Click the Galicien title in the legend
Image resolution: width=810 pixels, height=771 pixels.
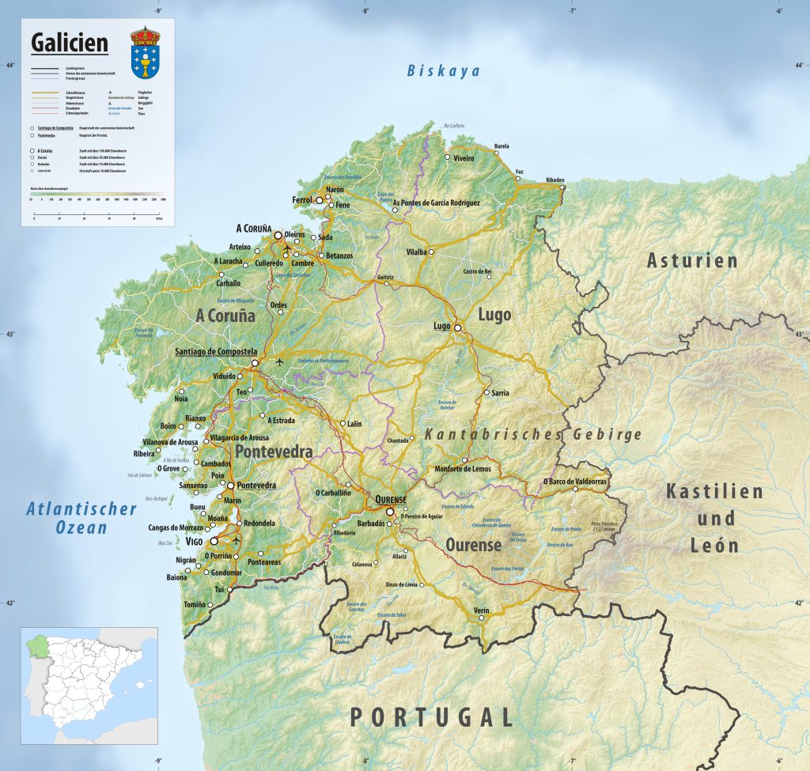tap(69, 43)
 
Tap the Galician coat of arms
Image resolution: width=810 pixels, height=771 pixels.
tap(145, 53)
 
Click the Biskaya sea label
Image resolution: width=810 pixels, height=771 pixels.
tap(443, 71)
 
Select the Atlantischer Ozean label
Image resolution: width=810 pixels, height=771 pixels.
tap(81, 517)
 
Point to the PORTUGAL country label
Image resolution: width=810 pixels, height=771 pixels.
tap(432, 717)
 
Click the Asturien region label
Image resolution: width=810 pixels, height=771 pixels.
tap(692, 260)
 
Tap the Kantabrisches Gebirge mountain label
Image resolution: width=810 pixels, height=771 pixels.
tap(533, 435)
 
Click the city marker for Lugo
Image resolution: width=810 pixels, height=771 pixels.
tap(457, 327)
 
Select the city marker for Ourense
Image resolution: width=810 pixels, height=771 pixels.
tap(389, 511)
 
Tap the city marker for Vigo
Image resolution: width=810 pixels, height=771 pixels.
tap(214, 542)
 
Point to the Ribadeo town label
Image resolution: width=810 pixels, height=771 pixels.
tap(555, 180)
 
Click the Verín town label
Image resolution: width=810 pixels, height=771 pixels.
tap(481, 610)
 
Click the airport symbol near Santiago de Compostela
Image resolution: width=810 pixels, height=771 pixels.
tap(279, 362)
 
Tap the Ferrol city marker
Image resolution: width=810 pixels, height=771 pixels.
tap(320, 201)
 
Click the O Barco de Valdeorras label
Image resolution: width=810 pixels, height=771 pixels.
tap(575, 481)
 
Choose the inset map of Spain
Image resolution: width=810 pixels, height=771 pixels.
tap(89, 686)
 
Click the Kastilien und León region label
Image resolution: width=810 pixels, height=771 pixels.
tap(714, 518)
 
